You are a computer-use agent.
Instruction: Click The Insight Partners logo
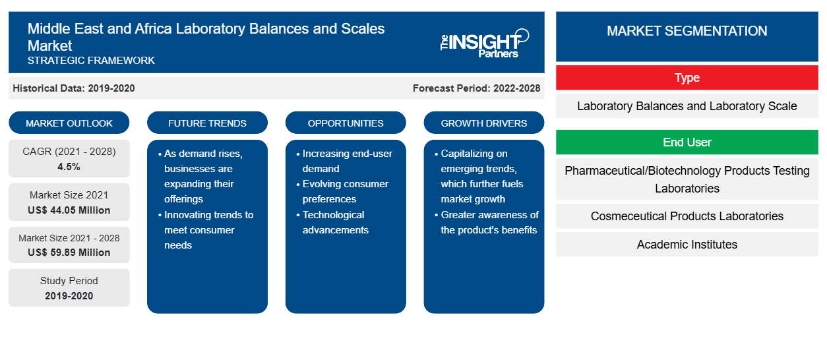point(484,44)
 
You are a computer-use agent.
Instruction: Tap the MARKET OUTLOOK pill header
point(69,123)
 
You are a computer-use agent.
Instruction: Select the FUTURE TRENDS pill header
point(207,123)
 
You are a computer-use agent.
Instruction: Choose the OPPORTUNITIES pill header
point(346,123)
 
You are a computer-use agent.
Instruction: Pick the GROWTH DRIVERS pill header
point(483,123)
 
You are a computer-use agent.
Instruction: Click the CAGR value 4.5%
point(69,167)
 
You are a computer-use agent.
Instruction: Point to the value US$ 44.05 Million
point(69,210)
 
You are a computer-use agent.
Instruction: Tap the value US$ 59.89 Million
point(69,252)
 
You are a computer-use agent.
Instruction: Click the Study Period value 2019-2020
point(69,296)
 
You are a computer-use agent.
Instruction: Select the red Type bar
point(687,78)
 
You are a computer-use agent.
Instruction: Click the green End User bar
point(687,142)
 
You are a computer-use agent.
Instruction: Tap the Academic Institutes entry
point(687,245)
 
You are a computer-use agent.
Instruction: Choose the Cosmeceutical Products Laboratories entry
point(687,216)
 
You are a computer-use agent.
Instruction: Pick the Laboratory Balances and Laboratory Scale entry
point(687,106)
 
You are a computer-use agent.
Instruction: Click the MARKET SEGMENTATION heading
point(687,30)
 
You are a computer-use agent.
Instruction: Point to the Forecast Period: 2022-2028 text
point(476,88)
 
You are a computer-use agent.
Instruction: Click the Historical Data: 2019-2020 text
point(74,88)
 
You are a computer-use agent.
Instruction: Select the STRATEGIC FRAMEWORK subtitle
point(91,60)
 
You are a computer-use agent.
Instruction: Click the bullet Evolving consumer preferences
point(343,191)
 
